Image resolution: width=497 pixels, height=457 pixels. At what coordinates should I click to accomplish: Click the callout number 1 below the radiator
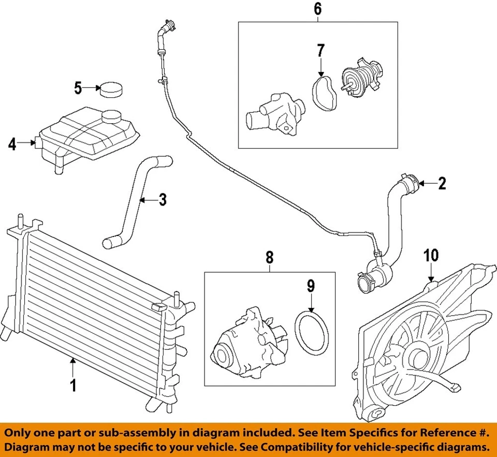[73, 385]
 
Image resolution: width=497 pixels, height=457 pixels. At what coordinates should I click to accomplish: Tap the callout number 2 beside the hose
[442, 184]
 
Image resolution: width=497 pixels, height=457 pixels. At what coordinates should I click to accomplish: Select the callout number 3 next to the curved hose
[163, 199]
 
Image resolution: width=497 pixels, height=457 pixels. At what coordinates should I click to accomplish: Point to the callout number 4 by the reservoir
[12, 144]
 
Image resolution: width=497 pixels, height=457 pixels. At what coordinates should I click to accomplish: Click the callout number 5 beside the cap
[78, 88]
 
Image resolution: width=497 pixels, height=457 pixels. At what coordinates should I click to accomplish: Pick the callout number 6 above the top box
[317, 9]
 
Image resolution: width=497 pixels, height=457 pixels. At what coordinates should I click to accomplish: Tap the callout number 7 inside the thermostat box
[320, 51]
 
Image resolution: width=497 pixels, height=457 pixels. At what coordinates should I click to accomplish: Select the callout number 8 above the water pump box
[270, 257]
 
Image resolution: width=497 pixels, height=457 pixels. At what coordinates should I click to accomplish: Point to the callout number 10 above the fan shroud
[431, 255]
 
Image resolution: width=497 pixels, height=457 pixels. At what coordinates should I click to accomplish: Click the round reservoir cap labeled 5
[111, 90]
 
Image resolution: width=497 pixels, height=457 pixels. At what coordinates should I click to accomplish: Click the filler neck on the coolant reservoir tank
[110, 117]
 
